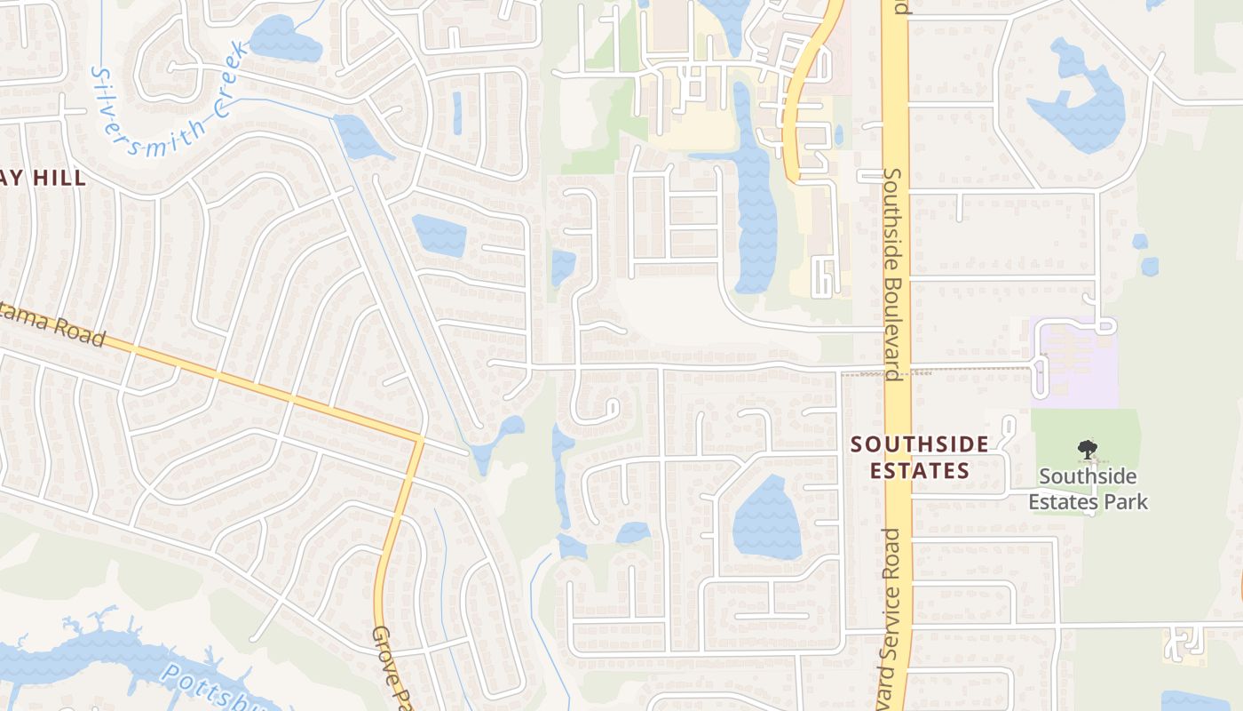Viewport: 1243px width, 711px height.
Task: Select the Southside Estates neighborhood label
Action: [919, 457]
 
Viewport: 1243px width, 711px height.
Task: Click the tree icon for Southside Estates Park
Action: [1086, 450]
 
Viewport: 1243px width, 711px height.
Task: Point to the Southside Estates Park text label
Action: [1088, 490]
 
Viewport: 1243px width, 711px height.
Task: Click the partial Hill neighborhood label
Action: [44, 178]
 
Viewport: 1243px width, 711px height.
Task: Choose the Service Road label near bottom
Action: [891, 613]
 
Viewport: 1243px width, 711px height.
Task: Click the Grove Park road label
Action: [391, 667]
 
